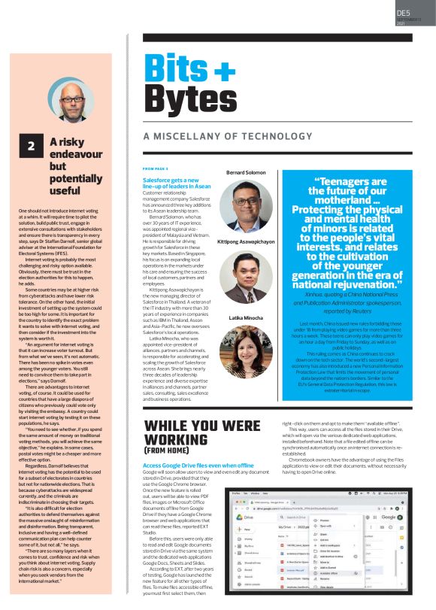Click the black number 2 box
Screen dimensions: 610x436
[x=32, y=147]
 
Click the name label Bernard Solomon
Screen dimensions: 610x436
[x=247, y=173]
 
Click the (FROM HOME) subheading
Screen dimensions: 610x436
[x=166, y=453]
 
